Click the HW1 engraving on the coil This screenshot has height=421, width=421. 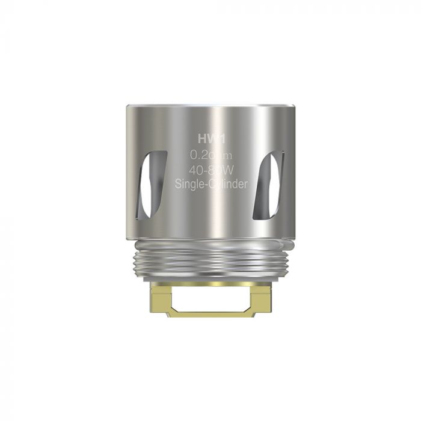click(x=210, y=138)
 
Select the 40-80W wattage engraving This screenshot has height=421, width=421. click(x=210, y=170)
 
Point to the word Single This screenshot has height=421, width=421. click(x=188, y=185)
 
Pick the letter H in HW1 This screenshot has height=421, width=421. click(x=201, y=138)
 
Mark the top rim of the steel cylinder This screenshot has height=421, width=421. click(x=210, y=108)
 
